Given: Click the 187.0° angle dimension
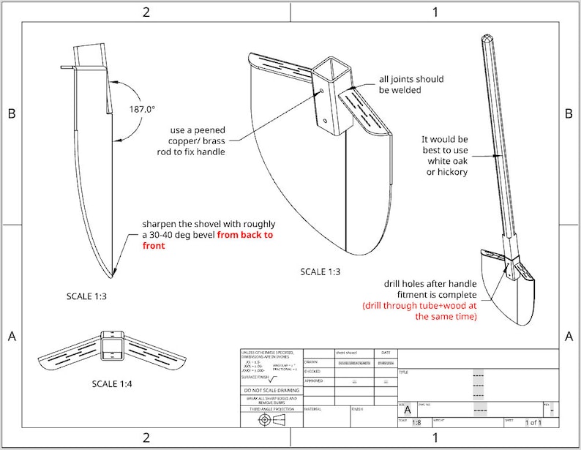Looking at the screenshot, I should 143,108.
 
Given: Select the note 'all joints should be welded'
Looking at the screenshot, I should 411,84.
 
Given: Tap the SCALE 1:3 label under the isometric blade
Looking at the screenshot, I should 321,272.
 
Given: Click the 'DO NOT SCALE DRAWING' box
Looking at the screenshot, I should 271,390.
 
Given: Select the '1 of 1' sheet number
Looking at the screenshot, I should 534,422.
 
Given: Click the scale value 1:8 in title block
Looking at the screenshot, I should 416,422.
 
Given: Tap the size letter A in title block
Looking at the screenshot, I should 408,410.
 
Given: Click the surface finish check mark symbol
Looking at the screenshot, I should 272,378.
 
